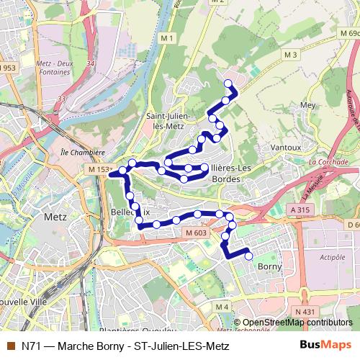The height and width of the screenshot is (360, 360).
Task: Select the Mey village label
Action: [x=307, y=104]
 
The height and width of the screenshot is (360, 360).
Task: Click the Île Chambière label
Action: [x=83, y=153]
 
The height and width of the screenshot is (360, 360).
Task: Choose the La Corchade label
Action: [x=328, y=162]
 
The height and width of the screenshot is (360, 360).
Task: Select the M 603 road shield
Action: [x=195, y=233]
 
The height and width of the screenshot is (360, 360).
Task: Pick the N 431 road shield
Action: [x=305, y=311]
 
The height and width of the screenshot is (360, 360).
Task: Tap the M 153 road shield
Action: [x=99, y=169]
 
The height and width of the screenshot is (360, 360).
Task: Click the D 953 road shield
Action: [x=7, y=68]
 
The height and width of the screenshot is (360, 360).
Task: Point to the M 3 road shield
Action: [x=290, y=55]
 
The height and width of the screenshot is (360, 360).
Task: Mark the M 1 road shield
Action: [x=168, y=37]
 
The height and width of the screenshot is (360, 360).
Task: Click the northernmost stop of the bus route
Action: [x=228, y=84]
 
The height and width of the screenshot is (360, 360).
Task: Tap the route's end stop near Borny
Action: [x=249, y=256]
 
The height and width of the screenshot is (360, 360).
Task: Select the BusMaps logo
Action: [x=326, y=346]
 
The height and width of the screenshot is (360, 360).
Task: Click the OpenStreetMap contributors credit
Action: [x=297, y=323]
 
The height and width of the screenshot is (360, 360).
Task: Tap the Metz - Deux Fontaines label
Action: [x=53, y=68]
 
